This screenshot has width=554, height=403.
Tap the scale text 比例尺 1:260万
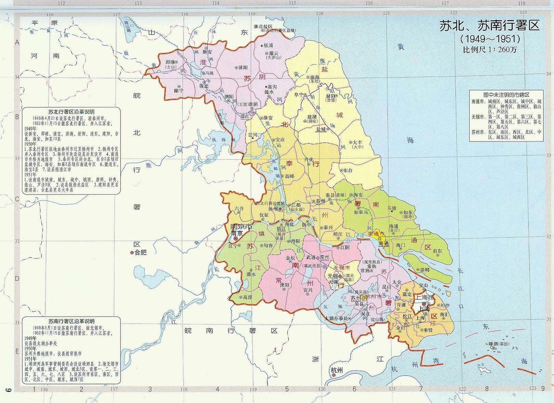(x=490, y=50)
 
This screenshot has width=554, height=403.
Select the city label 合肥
(x=141, y=252)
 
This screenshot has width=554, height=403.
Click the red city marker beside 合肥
(x=132, y=253)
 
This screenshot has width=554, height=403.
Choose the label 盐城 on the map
(x=321, y=129)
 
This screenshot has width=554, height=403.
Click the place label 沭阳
(x=242, y=68)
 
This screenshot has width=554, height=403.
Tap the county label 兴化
(x=309, y=159)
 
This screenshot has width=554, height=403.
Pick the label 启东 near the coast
(x=437, y=251)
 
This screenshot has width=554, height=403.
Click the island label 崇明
(x=424, y=269)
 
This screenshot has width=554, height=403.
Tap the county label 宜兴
(x=308, y=290)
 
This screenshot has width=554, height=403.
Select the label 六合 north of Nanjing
(x=239, y=208)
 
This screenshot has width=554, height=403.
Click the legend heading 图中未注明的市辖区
(x=506, y=95)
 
